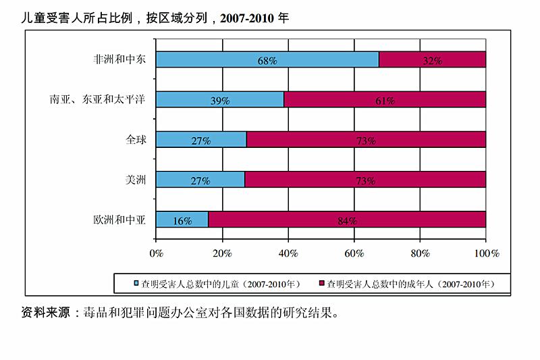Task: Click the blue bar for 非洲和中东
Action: coord(267,59)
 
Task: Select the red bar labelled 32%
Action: coord(432,59)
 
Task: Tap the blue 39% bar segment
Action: coord(220,99)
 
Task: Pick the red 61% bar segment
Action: coord(385,99)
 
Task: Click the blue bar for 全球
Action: coord(201,140)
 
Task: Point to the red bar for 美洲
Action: coord(365,180)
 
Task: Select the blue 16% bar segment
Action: coord(182,220)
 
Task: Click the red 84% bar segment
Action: coord(347,220)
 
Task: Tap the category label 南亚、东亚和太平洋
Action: coord(97,99)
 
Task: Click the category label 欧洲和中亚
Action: coord(119,220)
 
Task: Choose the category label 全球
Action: coord(135,140)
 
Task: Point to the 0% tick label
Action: coord(157,253)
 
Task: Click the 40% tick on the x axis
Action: coord(288,253)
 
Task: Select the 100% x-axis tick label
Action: coord(486,253)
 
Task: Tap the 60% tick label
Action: coord(354,253)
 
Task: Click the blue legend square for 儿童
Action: coord(136,284)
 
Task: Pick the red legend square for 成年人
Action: coord(321,284)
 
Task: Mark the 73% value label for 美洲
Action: coord(365,180)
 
